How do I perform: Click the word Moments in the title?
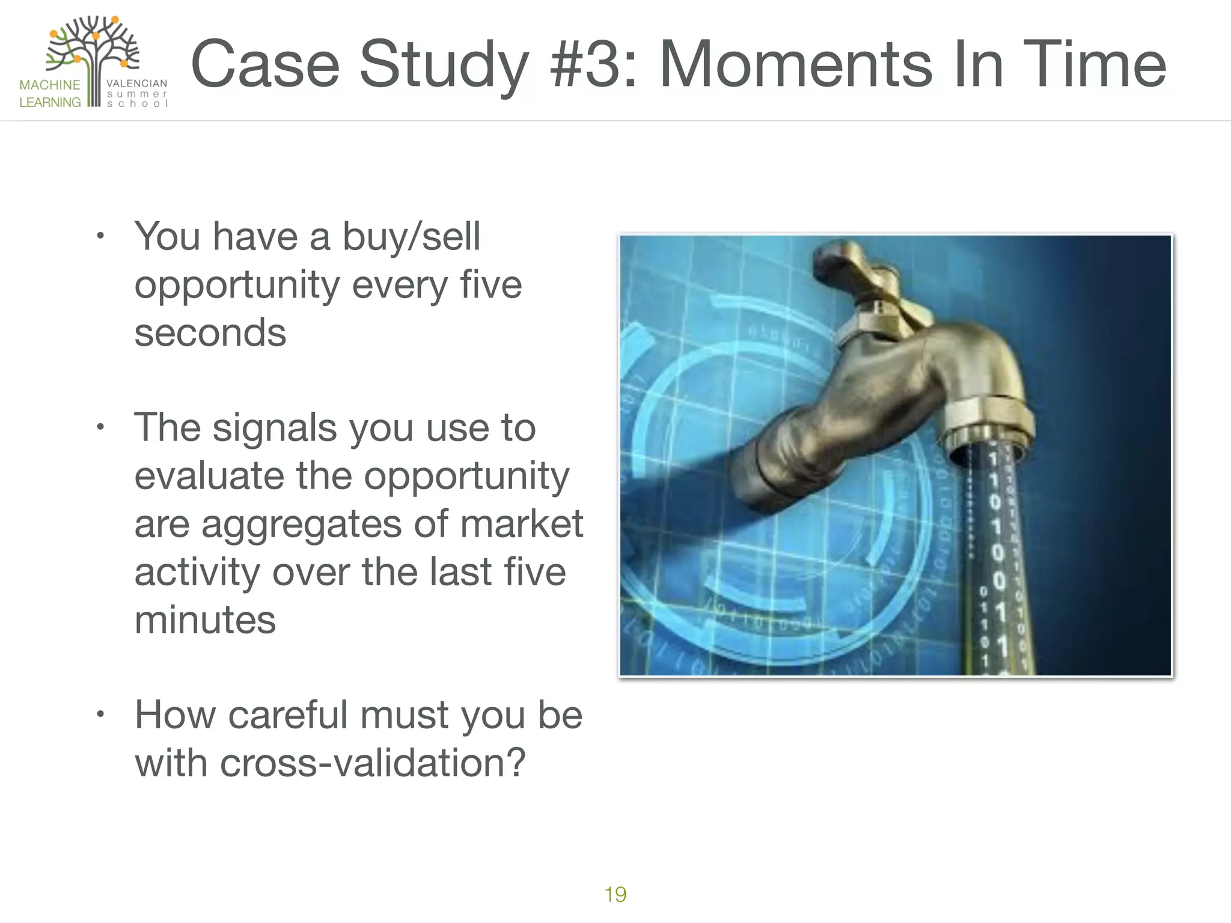(x=796, y=64)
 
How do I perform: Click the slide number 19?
(x=615, y=894)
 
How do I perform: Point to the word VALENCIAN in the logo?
(x=136, y=84)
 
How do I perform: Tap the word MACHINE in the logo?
(x=50, y=85)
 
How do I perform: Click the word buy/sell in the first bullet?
(x=411, y=237)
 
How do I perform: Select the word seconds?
(x=210, y=333)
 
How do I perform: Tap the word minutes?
(x=205, y=620)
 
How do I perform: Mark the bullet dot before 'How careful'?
(x=100, y=714)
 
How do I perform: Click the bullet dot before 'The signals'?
(x=100, y=427)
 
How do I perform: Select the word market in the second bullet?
(x=521, y=524)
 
